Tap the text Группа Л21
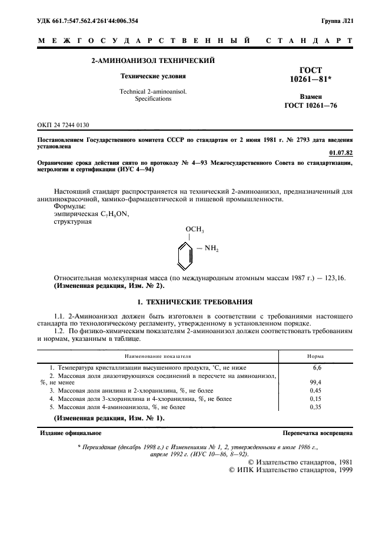[x=337, y=21]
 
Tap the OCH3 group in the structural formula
[x=194, y=229]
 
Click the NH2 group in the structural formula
[x=210, y=250]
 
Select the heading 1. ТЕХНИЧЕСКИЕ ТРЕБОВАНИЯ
[x=194, y=303]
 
